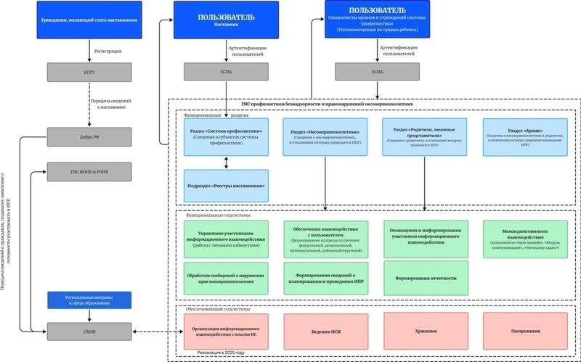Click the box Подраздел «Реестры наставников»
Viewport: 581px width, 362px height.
pos(226,186)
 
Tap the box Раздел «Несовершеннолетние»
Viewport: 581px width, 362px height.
pos(326,136)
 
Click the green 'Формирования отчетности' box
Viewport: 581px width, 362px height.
pos(426,279)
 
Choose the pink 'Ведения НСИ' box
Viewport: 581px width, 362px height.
pos(326,332)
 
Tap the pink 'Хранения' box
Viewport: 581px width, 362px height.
pos(426,332)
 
